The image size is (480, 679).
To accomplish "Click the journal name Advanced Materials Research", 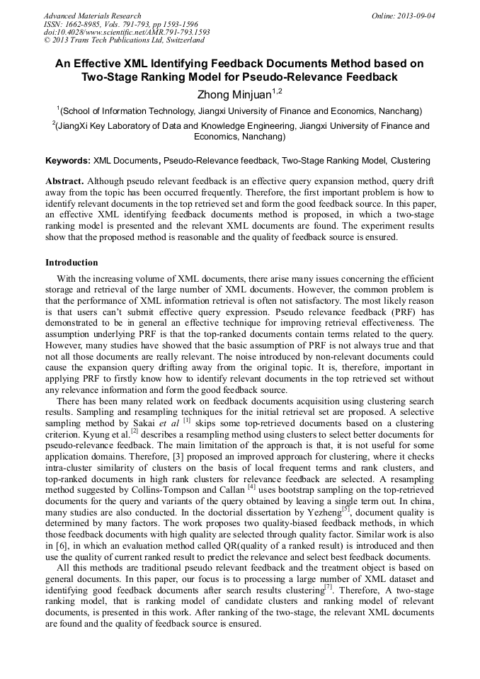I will pyautogui.click(x=92, y=16).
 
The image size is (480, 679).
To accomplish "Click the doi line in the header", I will pyautogui.click(x=127, y=32).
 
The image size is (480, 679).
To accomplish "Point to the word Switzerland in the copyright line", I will pyautogui.click(x=180, y=40).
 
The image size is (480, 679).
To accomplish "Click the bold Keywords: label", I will pyautogui.click(x=68, y=161).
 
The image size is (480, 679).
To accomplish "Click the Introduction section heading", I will pyautogui.click(x=72, y=263).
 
